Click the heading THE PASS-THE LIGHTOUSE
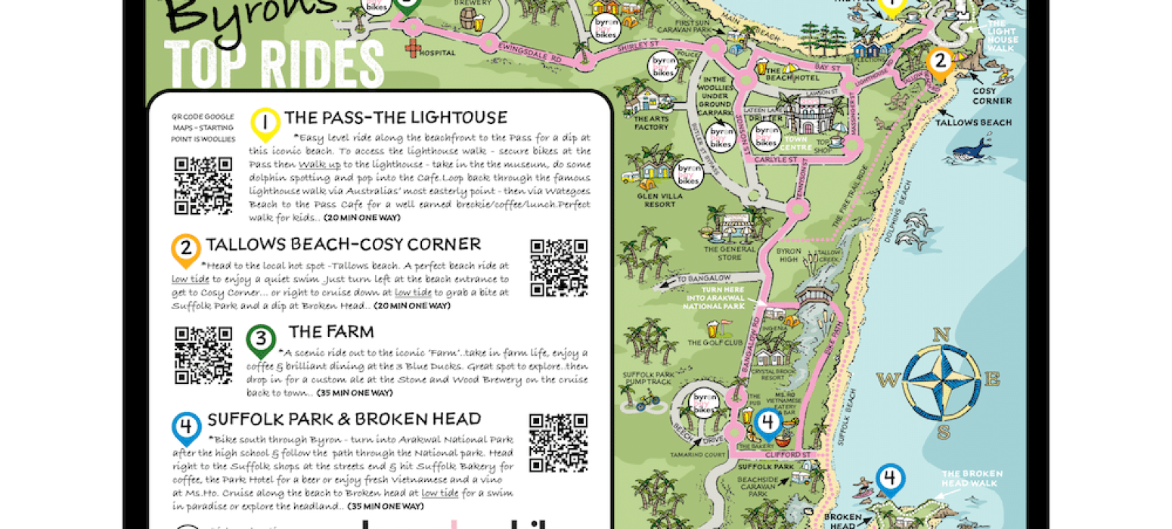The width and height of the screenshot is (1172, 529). pyautogui.click(x=395, y=118)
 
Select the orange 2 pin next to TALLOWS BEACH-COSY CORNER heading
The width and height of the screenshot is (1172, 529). pyautogui.click(x=186, y=249)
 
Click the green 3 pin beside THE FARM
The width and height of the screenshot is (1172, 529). pyautogui.click(x=261, y=340)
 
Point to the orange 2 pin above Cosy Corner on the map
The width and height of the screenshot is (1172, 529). pyautogui.click(x=939, y=63)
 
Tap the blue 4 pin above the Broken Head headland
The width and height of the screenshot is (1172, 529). pyautogui.click(x=890, y=479)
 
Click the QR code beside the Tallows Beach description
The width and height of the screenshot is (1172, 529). pyautogui.click(x=559, y=268)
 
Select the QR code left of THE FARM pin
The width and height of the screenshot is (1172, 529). pyautogui.click(x=203, y=355)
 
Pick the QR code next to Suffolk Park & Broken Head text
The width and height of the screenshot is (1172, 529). pyautogui.click(x=558, y=442)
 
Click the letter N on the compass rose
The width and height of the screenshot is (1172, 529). pyautogui.click(x=941, y=336)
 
